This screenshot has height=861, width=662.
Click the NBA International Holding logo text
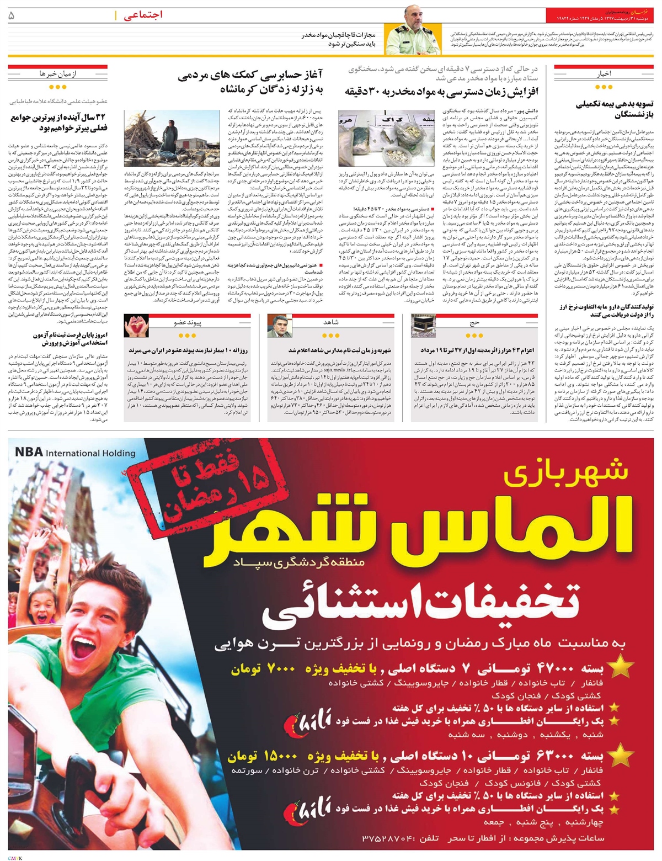pyautogui.click(x=75, y=453)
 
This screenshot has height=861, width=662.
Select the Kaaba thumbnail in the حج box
pyautogui.click(x=424, y=326)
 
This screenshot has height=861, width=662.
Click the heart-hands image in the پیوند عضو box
pyautogui.click(x=136, y=326)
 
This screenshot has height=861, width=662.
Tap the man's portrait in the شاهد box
pyautogui.click(x=280, y=326)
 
